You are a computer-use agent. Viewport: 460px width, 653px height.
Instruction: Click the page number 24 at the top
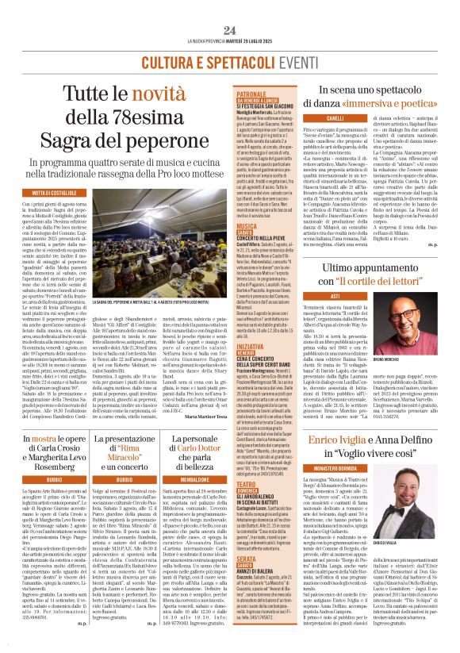click(230, 30)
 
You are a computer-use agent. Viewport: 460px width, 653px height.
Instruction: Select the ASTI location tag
click(335, 294)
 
